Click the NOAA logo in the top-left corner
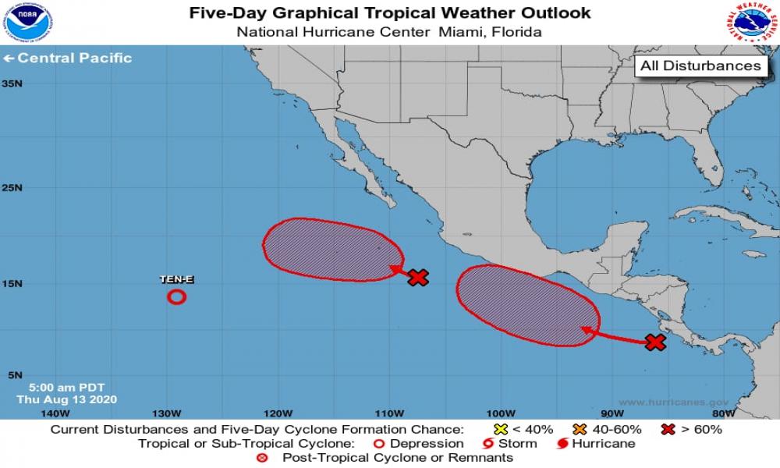coord(26,23)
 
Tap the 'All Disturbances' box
coord(700,66)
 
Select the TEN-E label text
coord(177,279)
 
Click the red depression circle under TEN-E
coord(177,296)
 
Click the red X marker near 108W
coord(419,277)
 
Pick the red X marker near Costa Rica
coord(655,342)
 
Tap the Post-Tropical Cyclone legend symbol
coord(262,458)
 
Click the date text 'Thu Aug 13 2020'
coord(66,399)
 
